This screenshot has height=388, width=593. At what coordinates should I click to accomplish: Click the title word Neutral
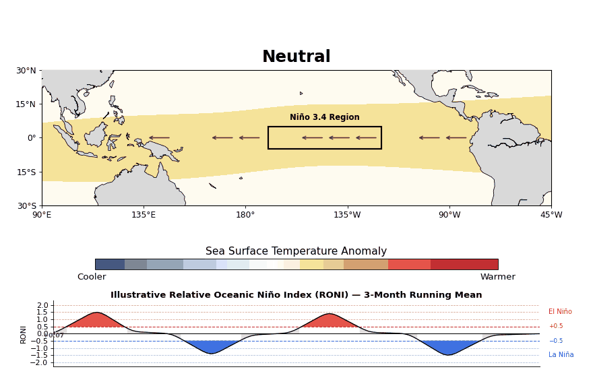pos(296,57)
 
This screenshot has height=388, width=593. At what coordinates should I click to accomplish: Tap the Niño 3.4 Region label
pos(325,117)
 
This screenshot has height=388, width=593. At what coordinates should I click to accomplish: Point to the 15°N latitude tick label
pos(26,104)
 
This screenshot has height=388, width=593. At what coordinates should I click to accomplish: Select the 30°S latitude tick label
pos(26,205)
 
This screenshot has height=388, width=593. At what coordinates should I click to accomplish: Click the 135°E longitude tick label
pos(144,215)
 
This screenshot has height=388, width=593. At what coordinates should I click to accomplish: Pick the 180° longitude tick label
pos(245,215)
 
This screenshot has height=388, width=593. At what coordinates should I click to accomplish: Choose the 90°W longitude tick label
pos(449,215)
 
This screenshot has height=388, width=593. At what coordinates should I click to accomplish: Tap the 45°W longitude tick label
pos(551,215)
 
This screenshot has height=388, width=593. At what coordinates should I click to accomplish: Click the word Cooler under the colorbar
pos(92,277)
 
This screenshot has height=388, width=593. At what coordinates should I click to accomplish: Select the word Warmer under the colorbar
pos(498,277)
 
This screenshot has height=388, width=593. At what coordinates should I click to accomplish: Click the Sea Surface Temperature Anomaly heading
pos(296,251)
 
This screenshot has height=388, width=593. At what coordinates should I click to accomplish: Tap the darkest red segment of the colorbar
pos(464,264)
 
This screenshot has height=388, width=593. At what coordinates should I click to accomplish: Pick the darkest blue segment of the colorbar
pos(110,264)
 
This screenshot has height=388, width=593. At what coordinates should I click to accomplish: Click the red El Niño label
pos(560,312)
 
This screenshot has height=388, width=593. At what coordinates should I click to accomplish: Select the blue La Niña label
pos(561,355)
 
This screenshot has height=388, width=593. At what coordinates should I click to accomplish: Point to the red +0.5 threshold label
pos(556,326)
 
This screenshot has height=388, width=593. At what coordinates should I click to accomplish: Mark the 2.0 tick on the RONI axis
pos(43,305)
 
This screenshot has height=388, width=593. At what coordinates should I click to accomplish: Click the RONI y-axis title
pos(23,335)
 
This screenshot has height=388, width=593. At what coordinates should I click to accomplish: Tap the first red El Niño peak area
pos(96,320)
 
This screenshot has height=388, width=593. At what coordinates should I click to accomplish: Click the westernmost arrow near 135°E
pos(160,137)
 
